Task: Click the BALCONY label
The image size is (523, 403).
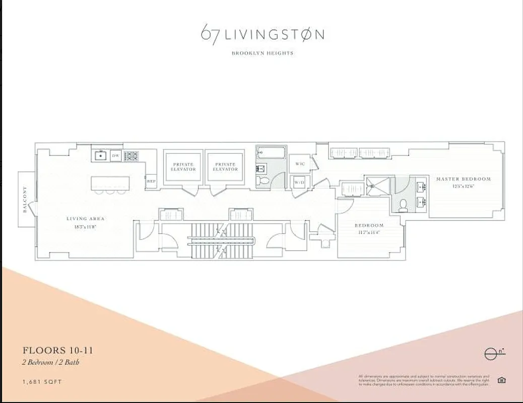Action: [x=25, y=199]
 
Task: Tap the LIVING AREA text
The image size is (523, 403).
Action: [x=86, y=219]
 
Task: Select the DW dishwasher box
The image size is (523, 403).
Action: [x=115, y=156]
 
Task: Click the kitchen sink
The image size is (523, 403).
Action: [x=100, y=156]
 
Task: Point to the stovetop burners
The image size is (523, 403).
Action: [x=131, y=156]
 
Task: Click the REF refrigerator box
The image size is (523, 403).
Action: [x=151, y=181]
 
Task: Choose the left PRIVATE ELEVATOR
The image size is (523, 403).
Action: [x=184, y=167]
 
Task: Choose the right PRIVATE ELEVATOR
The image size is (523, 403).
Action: [x=225, y=167]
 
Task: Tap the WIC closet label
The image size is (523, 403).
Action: [x=300, y=164]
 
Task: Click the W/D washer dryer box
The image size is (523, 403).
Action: [x=299, y=182]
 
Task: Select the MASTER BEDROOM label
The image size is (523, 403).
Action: [x=463, y=179]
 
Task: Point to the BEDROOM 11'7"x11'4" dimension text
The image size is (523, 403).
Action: [x=369, y=233]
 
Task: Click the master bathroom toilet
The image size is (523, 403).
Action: [x=403, y=205]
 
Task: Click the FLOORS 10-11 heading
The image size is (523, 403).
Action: [x=57, y=350]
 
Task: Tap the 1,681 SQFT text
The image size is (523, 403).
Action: [x=42, y=382]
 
